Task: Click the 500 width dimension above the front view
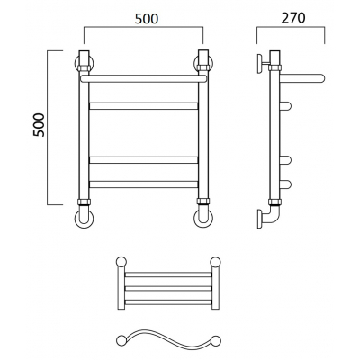(146, 19)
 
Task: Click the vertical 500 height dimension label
(39, 125)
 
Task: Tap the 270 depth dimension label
(293, 18)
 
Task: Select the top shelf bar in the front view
(144, 79)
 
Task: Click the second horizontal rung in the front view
(144, 160)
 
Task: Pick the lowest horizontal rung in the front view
(144, 184)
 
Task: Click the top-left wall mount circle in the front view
(76, 64)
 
